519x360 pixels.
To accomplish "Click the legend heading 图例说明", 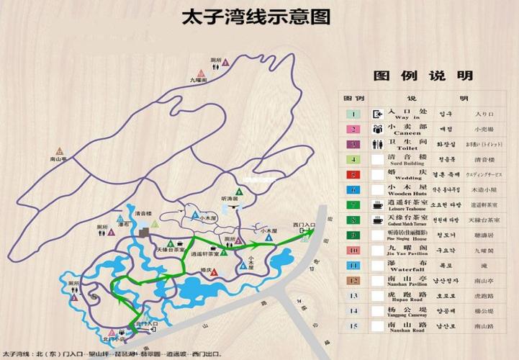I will (423, 76).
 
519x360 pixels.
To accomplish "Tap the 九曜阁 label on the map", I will (199, 81).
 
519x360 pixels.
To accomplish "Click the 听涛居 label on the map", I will (230, 198).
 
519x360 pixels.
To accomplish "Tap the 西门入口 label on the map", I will (304, 225).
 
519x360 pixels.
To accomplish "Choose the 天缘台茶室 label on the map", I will (168, 250).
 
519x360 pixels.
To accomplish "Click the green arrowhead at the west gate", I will (311, 232).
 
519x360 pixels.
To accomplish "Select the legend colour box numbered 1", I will (353, 114).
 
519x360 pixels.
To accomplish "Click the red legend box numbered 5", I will (353, 174).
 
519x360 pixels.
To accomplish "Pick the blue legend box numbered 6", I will (353, 189).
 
